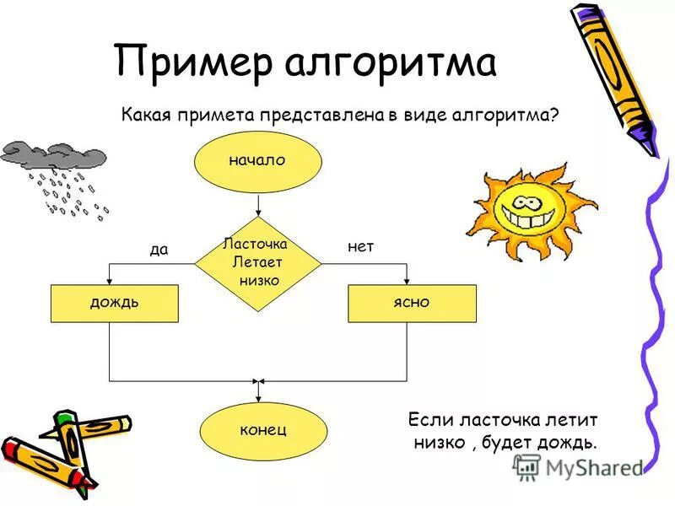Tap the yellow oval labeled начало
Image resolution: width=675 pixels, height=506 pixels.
tap(257, 160)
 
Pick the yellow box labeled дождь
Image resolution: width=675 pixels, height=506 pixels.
tap(115, 303)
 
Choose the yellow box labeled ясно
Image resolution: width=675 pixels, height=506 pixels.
tap(412, 303)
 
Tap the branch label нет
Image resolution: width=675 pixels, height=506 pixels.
tap(360, 247)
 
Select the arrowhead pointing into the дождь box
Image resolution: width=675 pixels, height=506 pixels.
tap(110, 281)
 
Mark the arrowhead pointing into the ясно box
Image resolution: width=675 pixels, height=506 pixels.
tap(407, 281)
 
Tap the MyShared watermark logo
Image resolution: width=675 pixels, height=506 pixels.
tap(526, 466)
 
